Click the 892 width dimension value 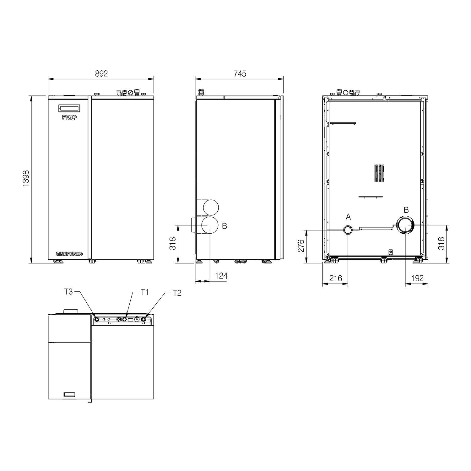click(101, 73)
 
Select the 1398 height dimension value click(26, 179)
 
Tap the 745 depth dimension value click(240, 73)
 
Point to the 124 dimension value click(221, 276)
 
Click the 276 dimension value click(301, 246)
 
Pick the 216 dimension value click(335, 278)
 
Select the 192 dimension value click(417, 278)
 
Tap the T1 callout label click(144, 292)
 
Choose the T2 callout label click(177, 293)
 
